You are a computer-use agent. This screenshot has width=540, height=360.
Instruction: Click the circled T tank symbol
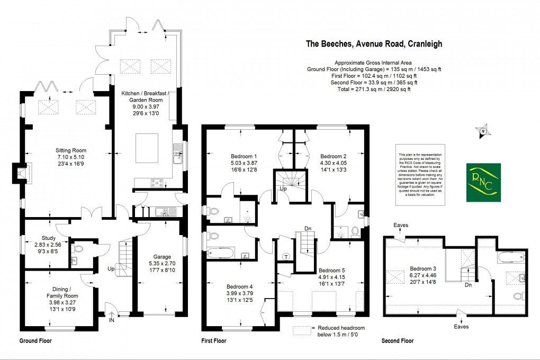pos(286,257)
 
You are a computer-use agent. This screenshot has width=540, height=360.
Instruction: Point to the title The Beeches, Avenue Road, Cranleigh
pos(374,44)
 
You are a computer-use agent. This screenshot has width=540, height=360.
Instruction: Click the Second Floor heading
pos(397,341)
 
